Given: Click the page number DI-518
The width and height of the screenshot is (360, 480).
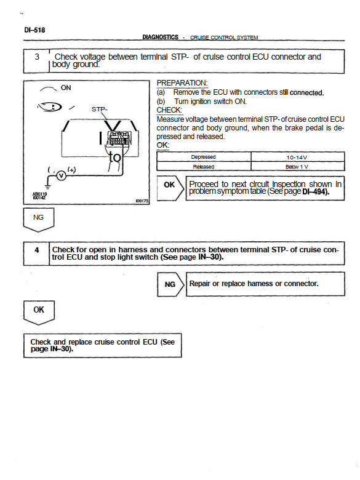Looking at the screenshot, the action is pos(34,30).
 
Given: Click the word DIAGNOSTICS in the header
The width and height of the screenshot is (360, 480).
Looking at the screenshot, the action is pos(160,37).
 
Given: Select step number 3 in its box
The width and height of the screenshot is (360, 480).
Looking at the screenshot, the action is pos(37,57).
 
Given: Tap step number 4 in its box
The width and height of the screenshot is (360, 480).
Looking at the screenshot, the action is pos(37,250).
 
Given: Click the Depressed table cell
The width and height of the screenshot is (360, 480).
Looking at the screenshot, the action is pos(203,157).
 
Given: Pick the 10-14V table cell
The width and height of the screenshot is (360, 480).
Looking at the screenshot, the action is pos(297,158).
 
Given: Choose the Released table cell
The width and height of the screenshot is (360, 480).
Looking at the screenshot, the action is pos(203,167).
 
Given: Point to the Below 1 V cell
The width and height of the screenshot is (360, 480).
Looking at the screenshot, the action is pos(297,167).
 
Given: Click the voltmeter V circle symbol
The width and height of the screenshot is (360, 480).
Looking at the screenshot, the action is pos(62,176).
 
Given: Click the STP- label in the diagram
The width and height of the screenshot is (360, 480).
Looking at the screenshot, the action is pos(100,110).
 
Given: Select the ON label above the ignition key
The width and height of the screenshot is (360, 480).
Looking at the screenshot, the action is pos(66,87).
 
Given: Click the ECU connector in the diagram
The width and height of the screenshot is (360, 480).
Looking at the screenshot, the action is pos(119,138).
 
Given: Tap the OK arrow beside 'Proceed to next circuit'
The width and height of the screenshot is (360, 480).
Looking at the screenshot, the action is pos(170,188).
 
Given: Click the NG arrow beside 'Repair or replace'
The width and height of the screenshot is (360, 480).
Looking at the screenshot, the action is pos(171,284).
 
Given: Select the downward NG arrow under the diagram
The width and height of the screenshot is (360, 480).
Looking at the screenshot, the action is pos(39,220).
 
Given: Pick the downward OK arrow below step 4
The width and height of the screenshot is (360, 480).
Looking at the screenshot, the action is pos(39,313).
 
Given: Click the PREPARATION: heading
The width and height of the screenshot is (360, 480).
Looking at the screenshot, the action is pos(182,83).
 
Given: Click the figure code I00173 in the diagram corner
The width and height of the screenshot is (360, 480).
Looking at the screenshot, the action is pos(142,201).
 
